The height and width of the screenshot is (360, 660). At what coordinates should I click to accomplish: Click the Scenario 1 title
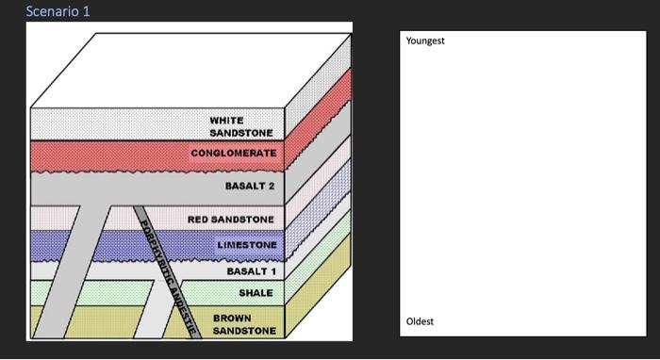58,11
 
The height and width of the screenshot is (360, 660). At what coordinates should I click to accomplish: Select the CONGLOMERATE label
233,153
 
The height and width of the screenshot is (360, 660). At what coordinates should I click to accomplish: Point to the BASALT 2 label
249,186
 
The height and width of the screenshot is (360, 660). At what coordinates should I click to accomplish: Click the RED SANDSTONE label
230,220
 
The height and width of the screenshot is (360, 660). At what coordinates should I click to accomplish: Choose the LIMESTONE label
246,245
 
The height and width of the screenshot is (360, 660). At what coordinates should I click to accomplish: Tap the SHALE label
256,293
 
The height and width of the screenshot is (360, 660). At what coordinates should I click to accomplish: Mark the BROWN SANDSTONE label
244,324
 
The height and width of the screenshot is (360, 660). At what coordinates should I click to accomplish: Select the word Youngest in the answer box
424,41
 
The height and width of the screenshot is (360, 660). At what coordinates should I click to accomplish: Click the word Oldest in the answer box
420,321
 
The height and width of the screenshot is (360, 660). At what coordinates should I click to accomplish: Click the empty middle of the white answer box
522,179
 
